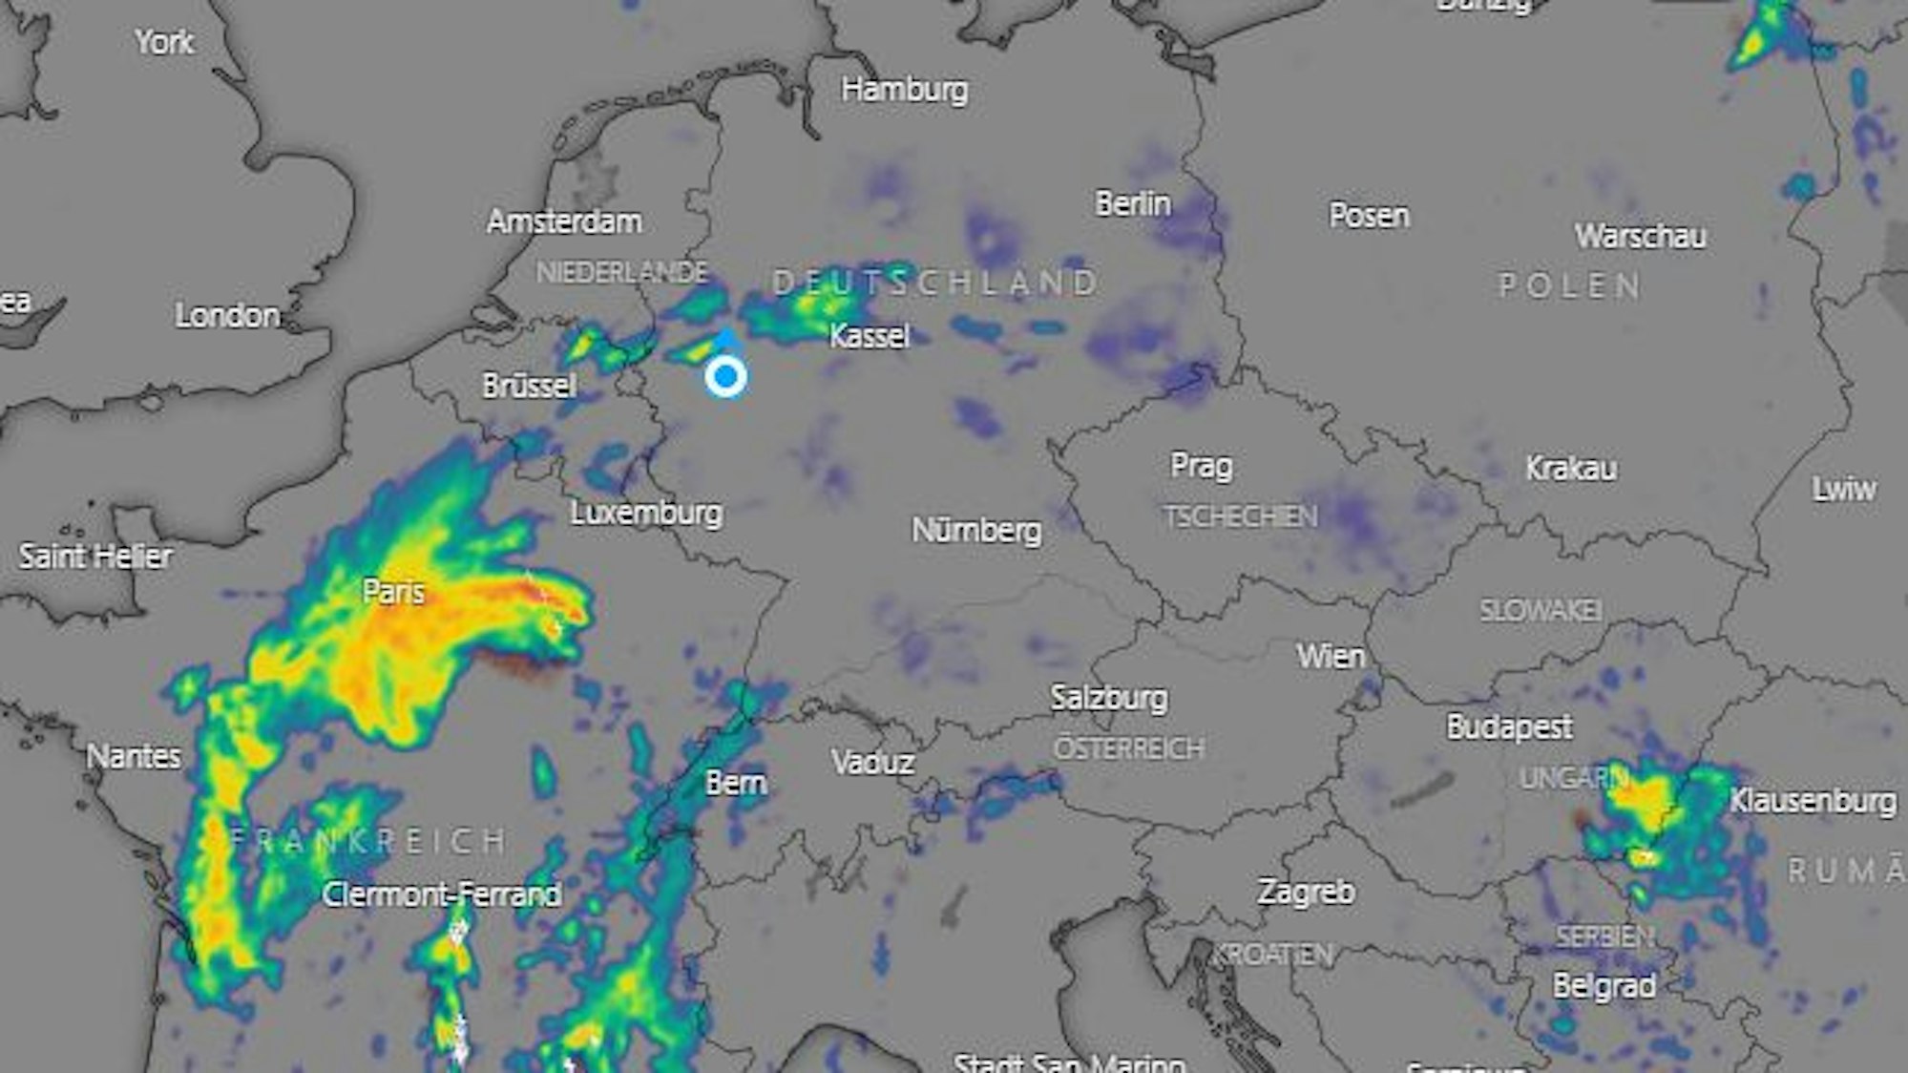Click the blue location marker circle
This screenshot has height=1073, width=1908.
coord(726,376)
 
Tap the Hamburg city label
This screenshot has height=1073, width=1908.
coord(904,90)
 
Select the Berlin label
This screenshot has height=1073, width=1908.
coord(1133,203)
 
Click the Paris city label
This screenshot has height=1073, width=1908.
coord(393,592)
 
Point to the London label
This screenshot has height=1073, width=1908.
coord(227,315)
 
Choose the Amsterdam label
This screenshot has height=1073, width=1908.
coord(564,221)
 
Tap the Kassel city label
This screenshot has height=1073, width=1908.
coord(869,336)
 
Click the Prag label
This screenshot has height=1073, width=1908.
coord(1201,466)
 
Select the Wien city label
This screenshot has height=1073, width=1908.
coord(1331,657)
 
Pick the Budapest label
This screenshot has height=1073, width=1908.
coord(1509,727)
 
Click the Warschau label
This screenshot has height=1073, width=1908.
coord(1641,236)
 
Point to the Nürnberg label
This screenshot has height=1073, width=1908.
coord(976,530)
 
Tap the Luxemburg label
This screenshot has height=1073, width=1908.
coord(646,513)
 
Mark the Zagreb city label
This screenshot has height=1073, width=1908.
coord(1306,892)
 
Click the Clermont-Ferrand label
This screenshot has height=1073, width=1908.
coord(442,894)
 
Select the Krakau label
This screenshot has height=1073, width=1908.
coord(1571,468)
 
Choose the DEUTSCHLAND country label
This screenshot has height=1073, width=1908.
coord(935,283)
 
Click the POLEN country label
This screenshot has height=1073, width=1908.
coord(1570,285)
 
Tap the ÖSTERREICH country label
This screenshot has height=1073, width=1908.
coord(1128,747)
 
